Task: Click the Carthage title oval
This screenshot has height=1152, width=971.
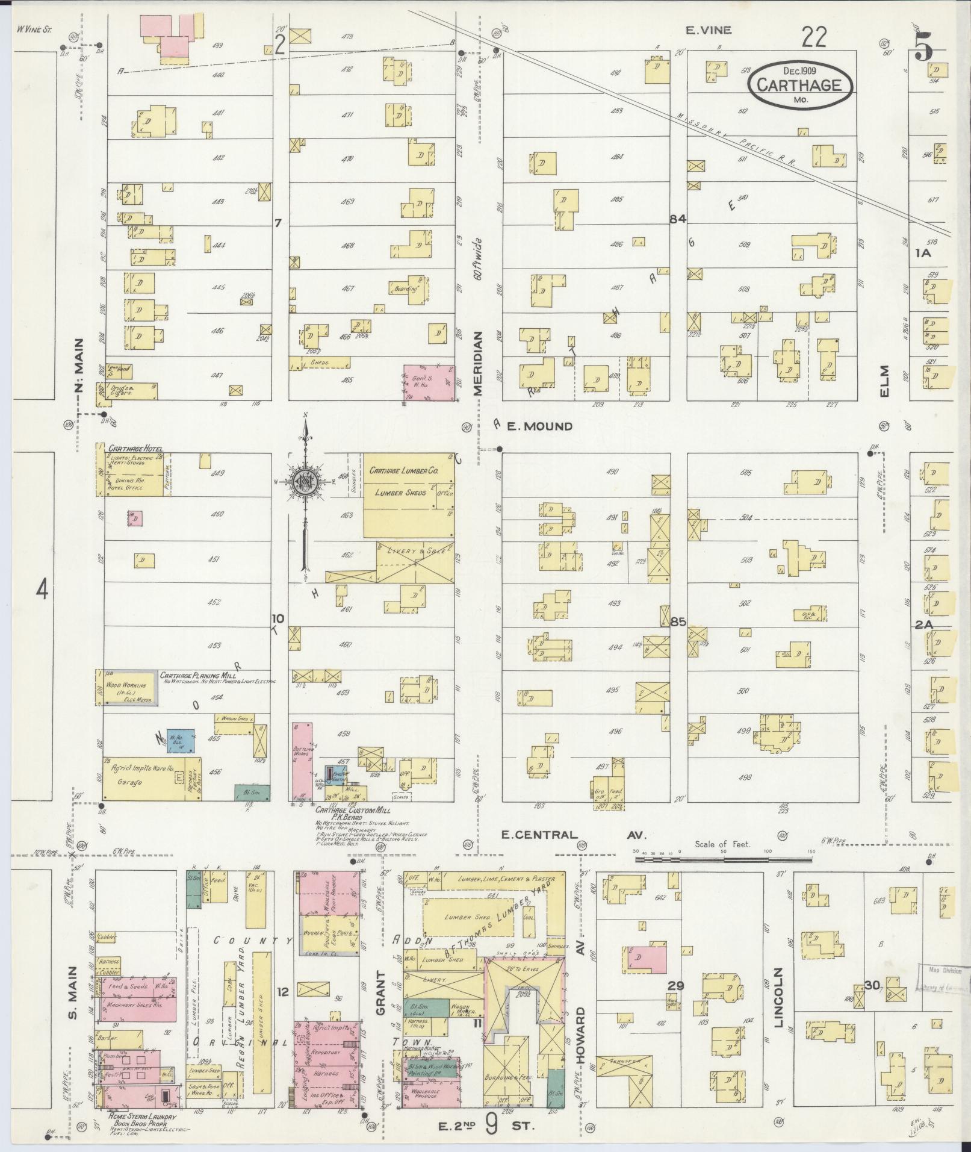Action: coord(801,86)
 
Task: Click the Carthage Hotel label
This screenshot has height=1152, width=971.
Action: coord(135,449)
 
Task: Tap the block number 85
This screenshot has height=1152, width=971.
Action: coord(678,622)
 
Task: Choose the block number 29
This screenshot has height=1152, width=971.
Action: coord(676,985)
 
